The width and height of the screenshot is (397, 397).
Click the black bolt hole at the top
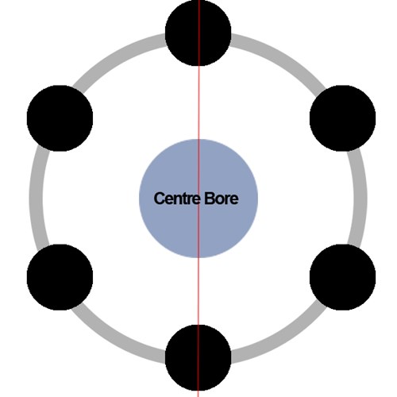(x=198, y=33)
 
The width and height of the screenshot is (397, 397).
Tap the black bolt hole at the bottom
(x=198, y=357)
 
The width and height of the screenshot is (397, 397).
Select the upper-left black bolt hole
(x=60, y=118)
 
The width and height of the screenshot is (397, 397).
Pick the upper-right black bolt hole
(x=342, y=118)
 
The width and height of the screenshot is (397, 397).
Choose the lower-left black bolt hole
(x=60, y=277)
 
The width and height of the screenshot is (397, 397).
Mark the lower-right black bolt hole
(x=342, y=277)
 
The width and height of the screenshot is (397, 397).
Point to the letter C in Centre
(x=159, y=198)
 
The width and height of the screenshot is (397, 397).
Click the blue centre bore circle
(x=198, y=198)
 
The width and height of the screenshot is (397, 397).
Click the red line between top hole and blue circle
(x=199, y=102)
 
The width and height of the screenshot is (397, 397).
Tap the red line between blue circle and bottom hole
(x=198, y=291)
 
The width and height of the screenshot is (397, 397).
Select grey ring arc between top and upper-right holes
(x=281, y=56)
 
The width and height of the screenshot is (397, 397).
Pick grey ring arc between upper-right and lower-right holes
(x=360, y=198)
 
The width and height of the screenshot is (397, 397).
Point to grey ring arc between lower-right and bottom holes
(x=281, y=340)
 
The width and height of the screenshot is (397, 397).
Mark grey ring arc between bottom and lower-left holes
(x=117, y=340)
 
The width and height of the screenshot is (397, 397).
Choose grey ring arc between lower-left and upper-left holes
(x=36, y=198)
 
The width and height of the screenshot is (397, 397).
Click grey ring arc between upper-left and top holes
(x=117, y=56)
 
